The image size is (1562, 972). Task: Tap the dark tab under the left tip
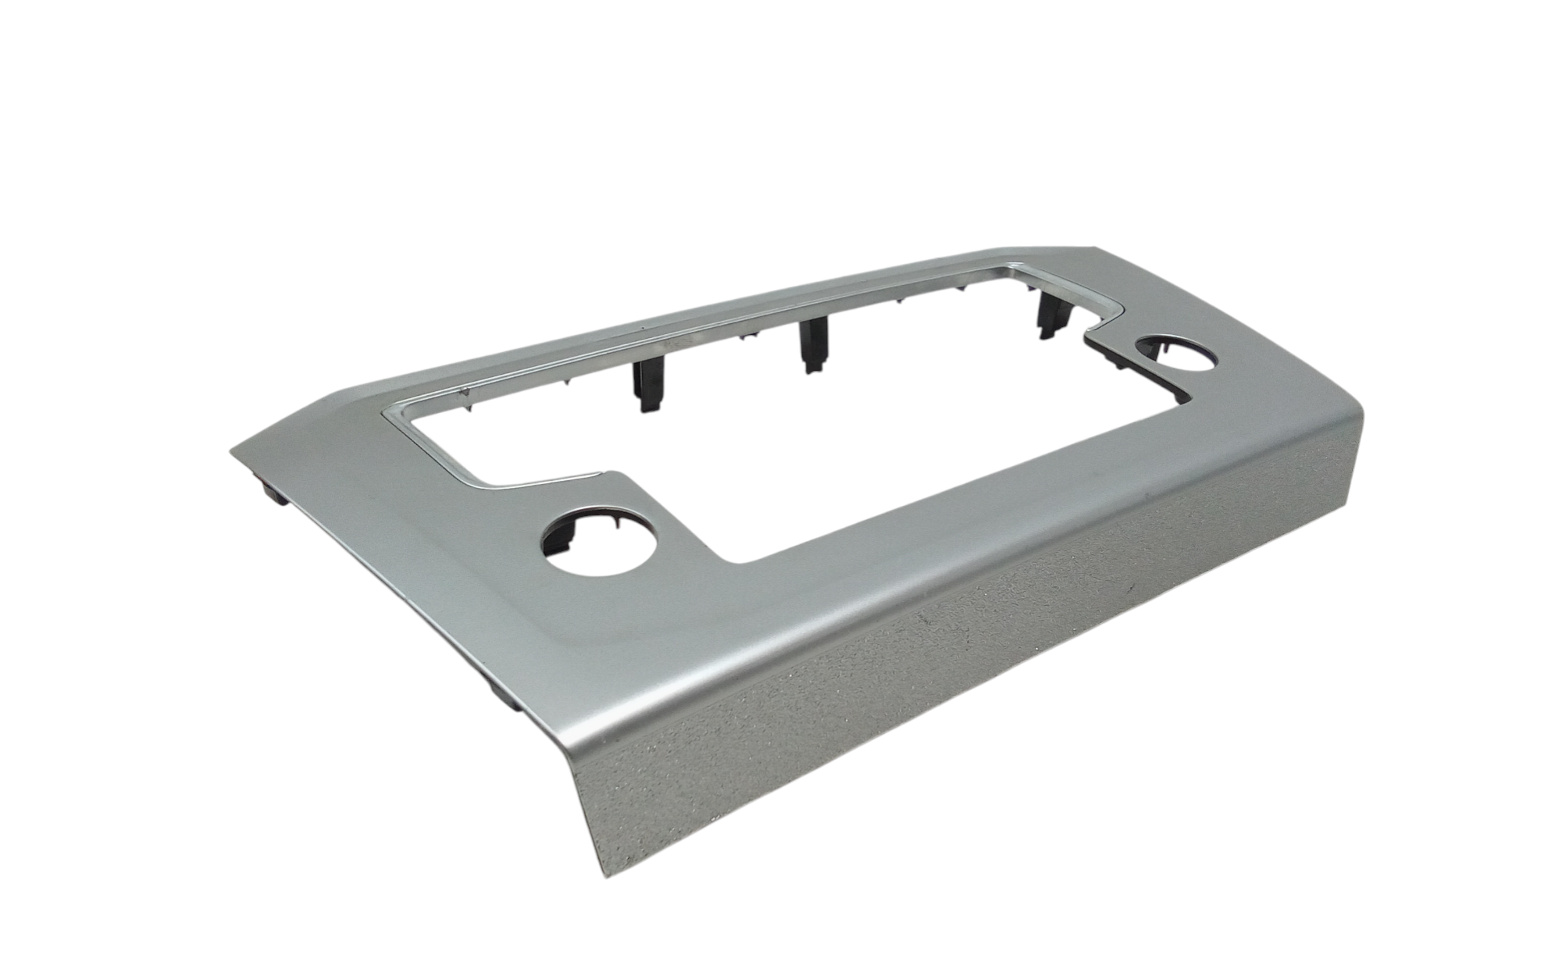coord(273,492)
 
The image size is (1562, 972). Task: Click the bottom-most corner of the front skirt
coord(611,875)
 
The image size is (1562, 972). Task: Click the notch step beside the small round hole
coord(1093,344)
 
